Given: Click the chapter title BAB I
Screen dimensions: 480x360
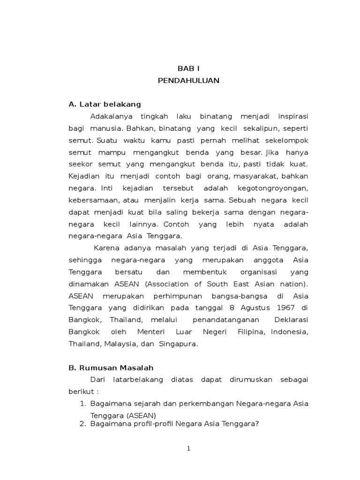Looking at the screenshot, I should pyautogui.click(x=188, y=68).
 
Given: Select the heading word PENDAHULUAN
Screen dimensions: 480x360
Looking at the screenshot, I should pyautogui.click(x=188, y=81).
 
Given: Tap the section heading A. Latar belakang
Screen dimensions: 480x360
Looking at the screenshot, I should pyautogui.click(x=105, y=104).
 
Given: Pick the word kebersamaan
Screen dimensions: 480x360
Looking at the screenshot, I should pyautogui.click(x=91, y=200).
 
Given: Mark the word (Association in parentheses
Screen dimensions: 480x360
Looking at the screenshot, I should pyautogui.click(x=168, y=284).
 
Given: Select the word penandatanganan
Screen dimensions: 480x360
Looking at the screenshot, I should pyautogui.click(x=225, y=320).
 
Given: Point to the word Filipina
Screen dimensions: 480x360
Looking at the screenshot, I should pyautogui.click(x=251, y=332).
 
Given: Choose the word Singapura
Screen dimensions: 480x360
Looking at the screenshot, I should pyautogui.click(x=178, y=344).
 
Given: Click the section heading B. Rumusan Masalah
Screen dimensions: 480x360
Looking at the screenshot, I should pyautogui.click(x=111, y=368).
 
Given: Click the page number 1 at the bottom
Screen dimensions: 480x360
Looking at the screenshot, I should pyautogui.click(x=188, y=449).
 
